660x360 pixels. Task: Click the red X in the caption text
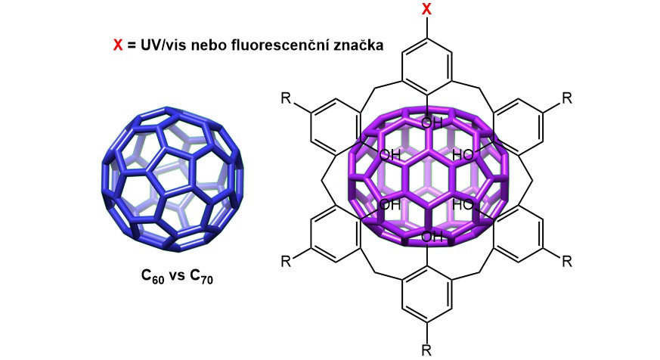[x=117, y=45]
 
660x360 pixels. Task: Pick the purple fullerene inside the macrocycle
[x=427, y=178]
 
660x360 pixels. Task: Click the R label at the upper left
[x=287, y=100]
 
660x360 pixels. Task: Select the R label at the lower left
[x=287, y=261]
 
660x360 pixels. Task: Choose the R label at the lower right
[x=567, y=261]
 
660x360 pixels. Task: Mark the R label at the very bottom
[x=427, y=349]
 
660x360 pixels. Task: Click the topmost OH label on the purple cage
[x=432, y=123]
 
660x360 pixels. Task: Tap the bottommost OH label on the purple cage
[x=432, y=238]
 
